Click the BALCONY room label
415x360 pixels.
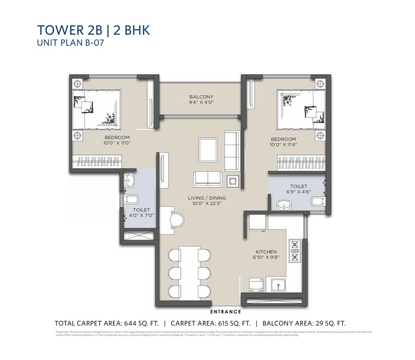(201, 97)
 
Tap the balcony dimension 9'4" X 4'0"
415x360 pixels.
(201, 103)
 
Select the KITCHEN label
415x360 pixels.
(266, 252)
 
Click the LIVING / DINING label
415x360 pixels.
(207, 198)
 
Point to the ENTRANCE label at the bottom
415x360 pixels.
(225, 312)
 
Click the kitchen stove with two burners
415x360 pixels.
(295, 251)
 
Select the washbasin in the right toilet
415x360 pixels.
(285, 205)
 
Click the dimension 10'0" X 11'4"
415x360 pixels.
(283, 145)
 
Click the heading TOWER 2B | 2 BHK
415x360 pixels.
(93, 30)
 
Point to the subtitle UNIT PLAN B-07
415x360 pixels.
(71, 43)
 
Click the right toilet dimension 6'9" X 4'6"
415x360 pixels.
(299, 192)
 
